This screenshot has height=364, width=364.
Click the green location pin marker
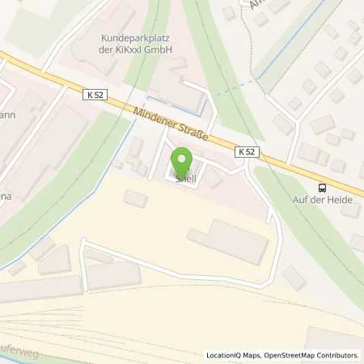pyautogui.click(x=184, y=162)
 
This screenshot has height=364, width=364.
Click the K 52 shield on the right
pyautogui.click(x=248, y=151)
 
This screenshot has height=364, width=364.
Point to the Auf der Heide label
pyautogui.click(x=324, y=199)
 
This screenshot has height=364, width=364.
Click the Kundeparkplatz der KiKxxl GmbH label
pyautogui.click(x=138, y=43)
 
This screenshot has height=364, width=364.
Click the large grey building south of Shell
pyautogui.click(x=228, y=240)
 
